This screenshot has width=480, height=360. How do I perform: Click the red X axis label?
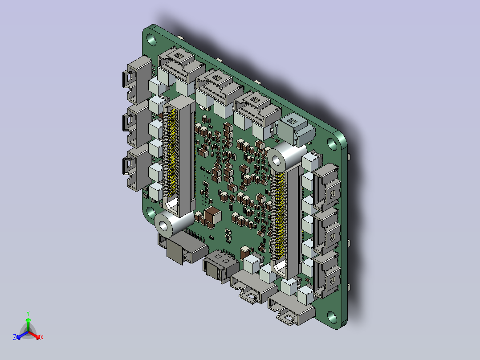click(42, 337)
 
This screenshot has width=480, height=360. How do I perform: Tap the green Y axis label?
click(28, 314)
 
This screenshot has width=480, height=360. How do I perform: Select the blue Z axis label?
click(15, 337)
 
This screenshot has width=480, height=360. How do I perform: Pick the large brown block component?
click(213, 216)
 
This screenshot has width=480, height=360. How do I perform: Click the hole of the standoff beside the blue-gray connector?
click(277, 160)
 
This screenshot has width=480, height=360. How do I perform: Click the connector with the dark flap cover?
click(183, 247)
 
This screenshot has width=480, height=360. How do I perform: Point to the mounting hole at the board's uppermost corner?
click(151, 39)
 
